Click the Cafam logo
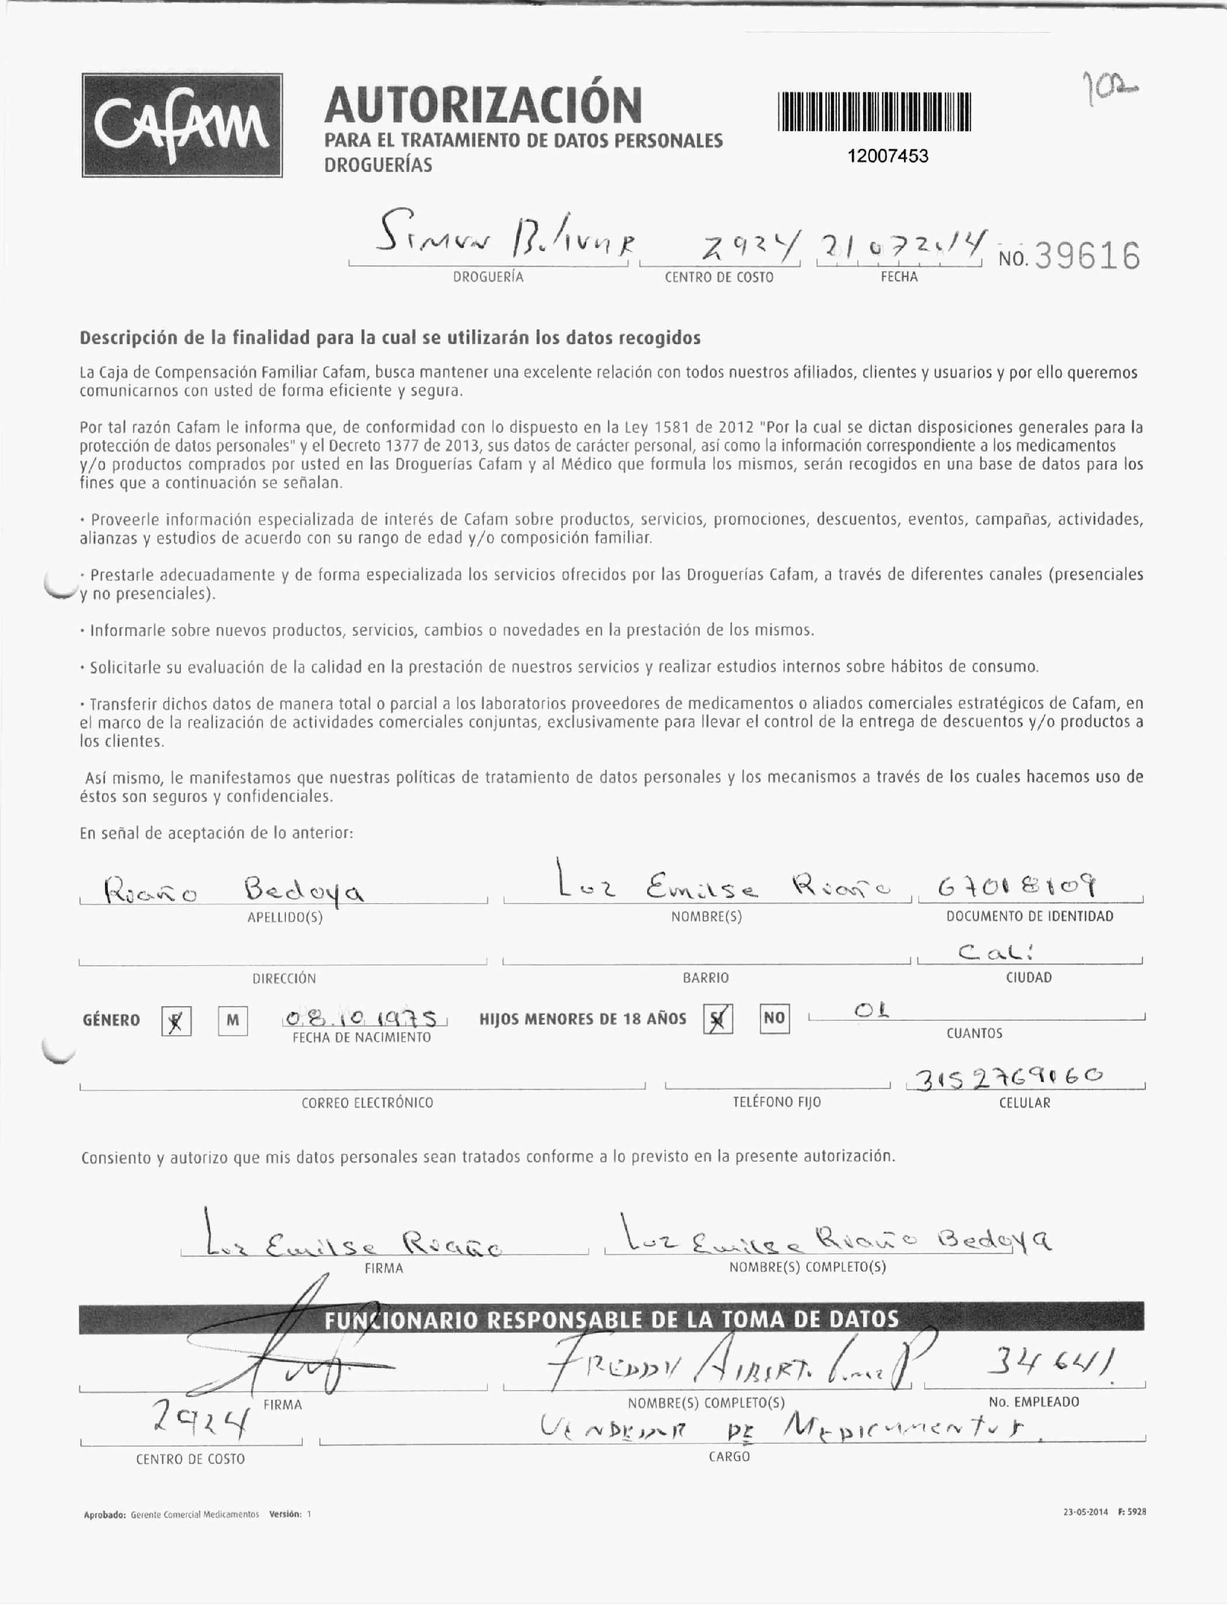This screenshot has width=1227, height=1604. (x=182, y=125)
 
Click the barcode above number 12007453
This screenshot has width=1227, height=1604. (x=875, y=112)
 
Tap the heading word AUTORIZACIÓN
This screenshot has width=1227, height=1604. (x=483, y=104)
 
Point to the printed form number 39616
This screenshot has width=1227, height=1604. (x=1088, y=257)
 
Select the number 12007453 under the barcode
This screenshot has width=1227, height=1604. (x=888, y=156)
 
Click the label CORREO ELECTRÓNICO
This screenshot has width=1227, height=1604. (x=367, y=1103)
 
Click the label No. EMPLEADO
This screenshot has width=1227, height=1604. (x=1033, y=1402)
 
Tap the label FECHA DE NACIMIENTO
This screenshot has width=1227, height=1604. (x=362, y=1037)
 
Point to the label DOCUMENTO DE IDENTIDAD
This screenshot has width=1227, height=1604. (x=1029, y=916)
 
